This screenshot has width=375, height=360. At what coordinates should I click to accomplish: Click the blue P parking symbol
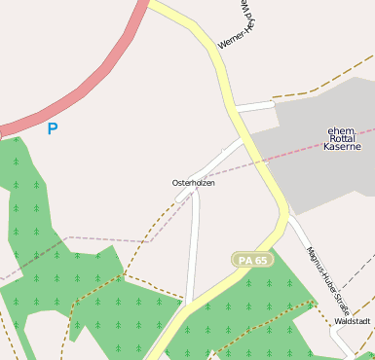pyautogui.click(x=52, y=127)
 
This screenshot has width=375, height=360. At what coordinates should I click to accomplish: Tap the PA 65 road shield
pyautogui.click(x=252, y=260)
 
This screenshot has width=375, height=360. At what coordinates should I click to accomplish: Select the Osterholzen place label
pyautogui.click(x=193, y=183)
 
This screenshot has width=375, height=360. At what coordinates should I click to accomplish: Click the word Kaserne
pyautogui.click(x=342, y=147)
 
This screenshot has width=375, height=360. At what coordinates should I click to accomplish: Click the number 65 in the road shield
pyautogui.click(x=260, y=260)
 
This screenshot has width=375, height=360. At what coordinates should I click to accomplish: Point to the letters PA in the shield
pyautogui.click(x=244, y=260)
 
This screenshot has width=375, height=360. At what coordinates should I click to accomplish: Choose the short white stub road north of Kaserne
pyautogui.click(x=255, y=105)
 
